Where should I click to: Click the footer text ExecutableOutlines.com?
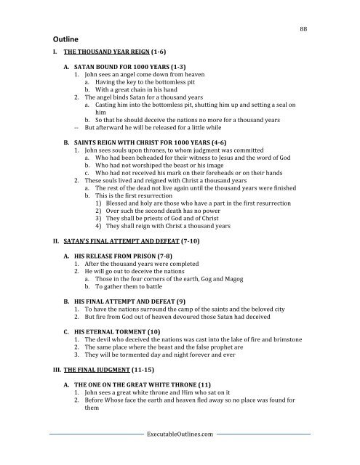(x=179, y=453)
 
